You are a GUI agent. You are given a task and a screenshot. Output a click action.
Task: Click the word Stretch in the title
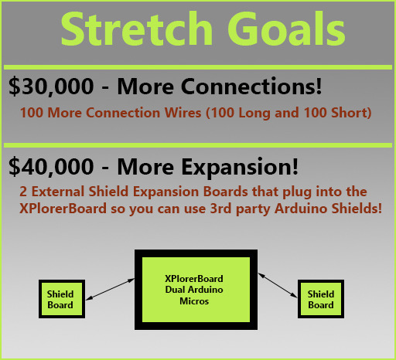137,29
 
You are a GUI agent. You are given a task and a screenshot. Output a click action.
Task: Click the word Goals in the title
286,29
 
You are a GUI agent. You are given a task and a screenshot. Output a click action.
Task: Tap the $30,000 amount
51,87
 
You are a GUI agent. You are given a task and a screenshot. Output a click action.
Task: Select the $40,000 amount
51,167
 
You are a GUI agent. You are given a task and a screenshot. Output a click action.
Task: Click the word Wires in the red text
183,113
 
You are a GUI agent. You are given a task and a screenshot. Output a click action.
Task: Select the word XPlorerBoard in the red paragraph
63,209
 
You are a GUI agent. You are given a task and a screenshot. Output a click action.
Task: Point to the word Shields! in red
357,209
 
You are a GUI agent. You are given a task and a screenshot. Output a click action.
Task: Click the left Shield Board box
62,299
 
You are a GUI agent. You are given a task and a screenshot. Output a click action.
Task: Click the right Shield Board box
321,299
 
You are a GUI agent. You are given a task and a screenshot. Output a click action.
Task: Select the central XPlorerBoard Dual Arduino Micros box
196,290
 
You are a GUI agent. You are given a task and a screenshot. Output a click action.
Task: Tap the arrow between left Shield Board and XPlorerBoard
110,289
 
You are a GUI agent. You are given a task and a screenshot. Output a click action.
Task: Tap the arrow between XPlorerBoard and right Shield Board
278,286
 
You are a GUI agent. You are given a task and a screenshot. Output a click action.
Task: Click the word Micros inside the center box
194,301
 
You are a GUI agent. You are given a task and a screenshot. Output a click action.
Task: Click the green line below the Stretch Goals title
198,67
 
